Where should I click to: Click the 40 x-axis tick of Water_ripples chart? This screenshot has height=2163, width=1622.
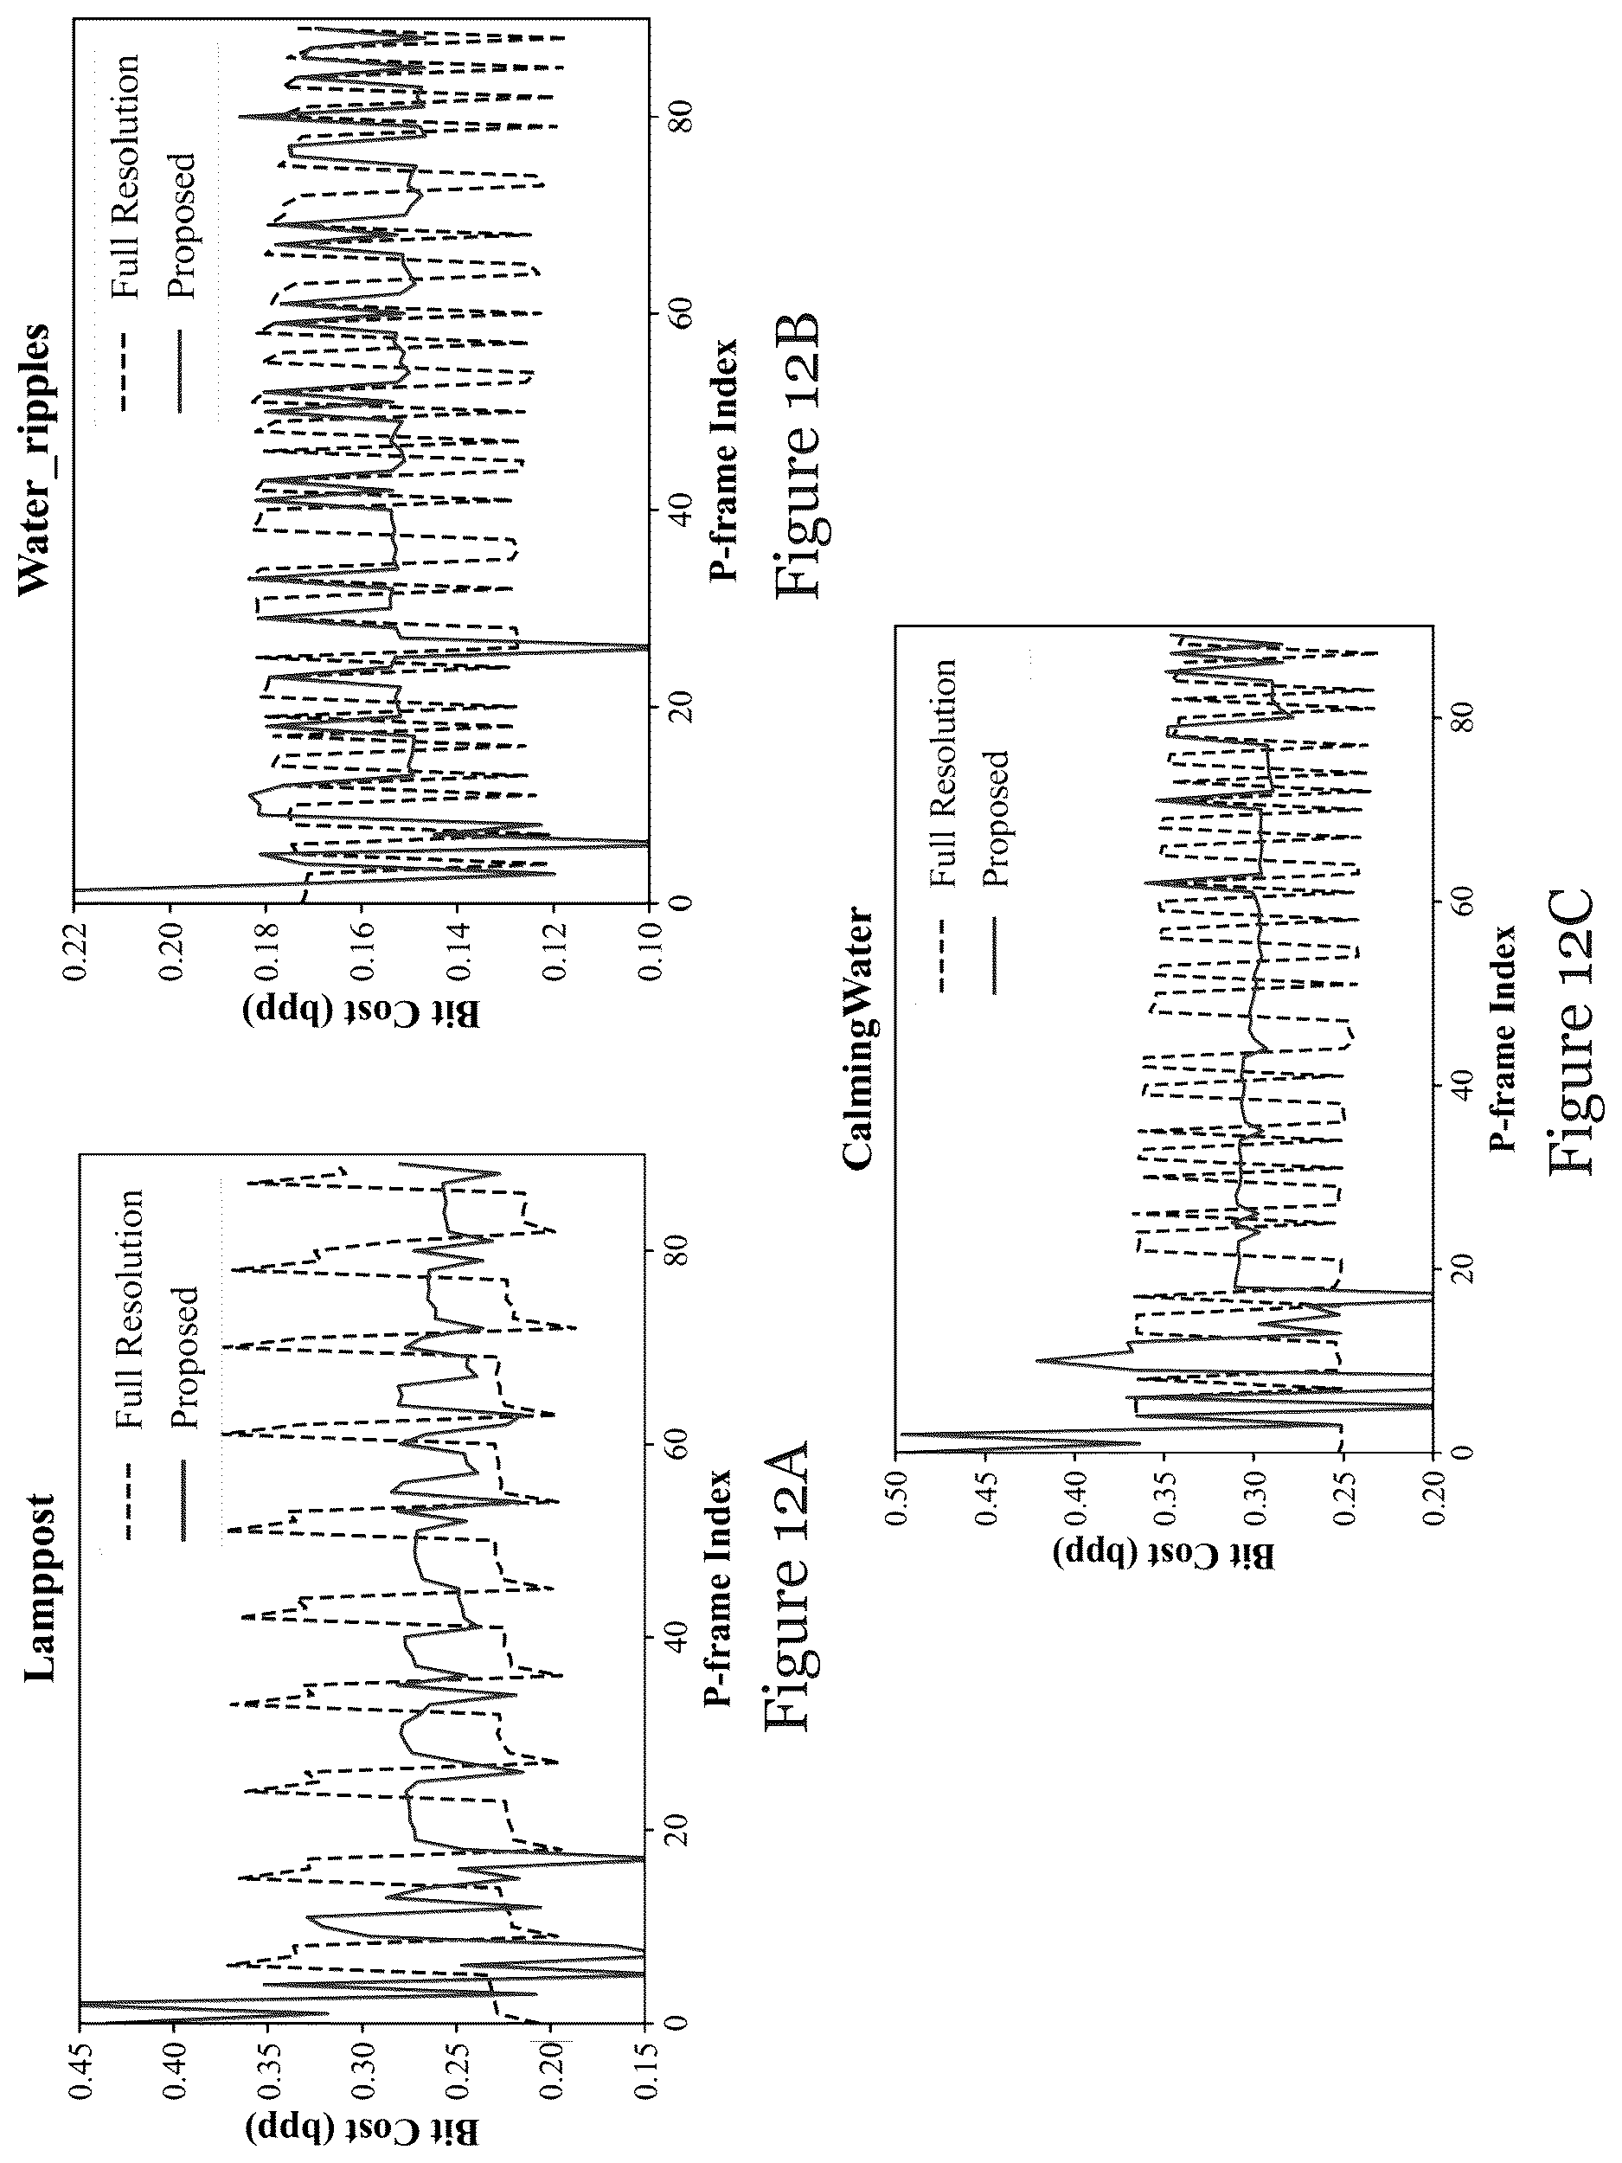coord(667,509)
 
